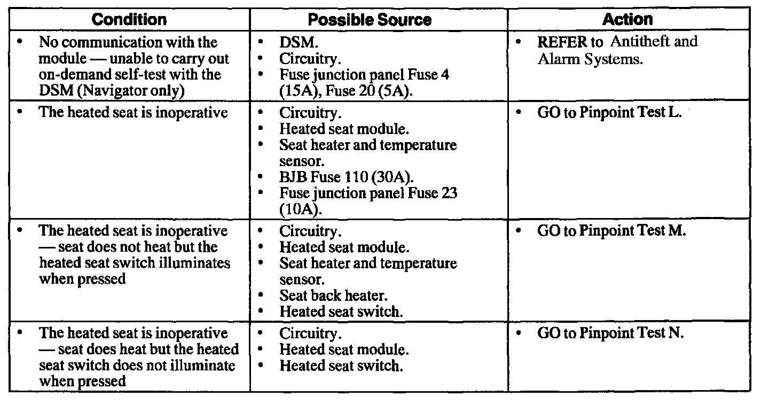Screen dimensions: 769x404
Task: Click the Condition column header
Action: pos(129,20)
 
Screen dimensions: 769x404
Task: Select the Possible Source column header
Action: pos(370,20)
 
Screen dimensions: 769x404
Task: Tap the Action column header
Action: pos(627,20)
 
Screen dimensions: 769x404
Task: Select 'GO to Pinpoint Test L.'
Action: pos(609,114)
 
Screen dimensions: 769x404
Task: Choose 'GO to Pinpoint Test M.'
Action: pos(611,231)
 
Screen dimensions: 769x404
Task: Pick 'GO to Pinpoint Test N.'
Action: pos(610,333)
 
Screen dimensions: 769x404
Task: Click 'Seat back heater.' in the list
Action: pos(333,295)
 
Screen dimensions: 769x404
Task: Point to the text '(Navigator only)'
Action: pos(131,91)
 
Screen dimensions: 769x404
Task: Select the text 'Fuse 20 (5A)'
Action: pos(368,91)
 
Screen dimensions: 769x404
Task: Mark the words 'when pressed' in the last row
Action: pos(82,381)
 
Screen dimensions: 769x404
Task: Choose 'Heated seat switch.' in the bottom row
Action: pos(341,366)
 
